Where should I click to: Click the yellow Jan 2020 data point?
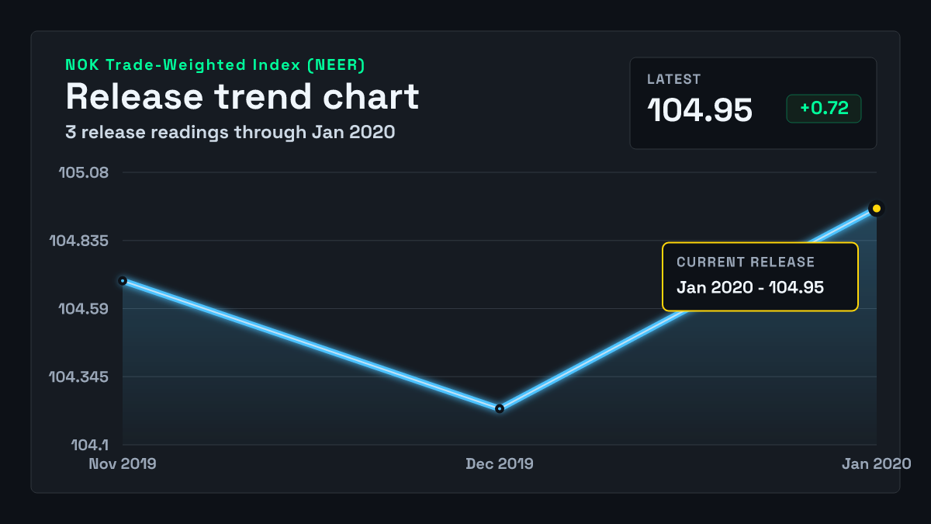[x=876, y=208]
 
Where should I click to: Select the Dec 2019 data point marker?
[x=500, y=409]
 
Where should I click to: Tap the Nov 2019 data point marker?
[x=123, y=281]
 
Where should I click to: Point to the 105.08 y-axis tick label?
[x=84, y=172]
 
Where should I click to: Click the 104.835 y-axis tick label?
[x=79, y=241]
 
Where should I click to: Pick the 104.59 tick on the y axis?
[x=84, y=309]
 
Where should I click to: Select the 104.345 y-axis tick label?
[x=79, y=377]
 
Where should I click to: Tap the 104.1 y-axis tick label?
[x=90, y=446]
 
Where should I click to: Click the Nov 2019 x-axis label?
[x=123, y=463]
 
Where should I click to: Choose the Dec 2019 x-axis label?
[x=500, y=463]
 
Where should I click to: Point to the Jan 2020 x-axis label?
[x=877, y=463]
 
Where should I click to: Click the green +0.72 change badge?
[x=824, y=109]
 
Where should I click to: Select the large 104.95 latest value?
[x=700, y=110]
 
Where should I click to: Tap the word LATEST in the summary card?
[x=673, y=79]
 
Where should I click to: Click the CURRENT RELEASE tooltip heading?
[x=746, y=262]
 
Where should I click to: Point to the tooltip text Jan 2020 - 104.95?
[x=750, y=287]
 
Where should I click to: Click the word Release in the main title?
[x=135, y=96]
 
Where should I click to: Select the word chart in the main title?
[x=371, y=96]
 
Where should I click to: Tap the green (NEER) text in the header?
[x=336, y=65]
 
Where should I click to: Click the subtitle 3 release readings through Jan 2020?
[x=230, y=133]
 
